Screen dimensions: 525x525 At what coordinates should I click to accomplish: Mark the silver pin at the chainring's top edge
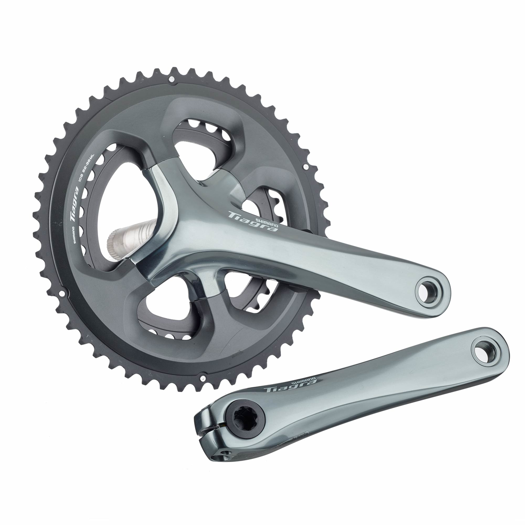pyautogui.click(x=171, y=79)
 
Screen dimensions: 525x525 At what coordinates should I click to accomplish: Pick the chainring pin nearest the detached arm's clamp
pyautogui.click(x=203, y=375)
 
